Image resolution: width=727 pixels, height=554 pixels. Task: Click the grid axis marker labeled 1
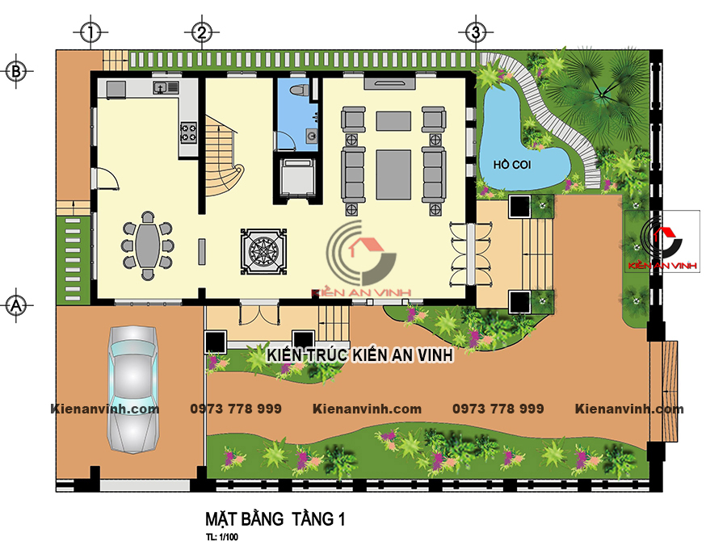pos(90,32)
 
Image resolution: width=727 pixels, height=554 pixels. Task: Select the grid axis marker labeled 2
pos(202,32)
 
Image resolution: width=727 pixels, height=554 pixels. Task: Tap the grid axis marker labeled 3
pos(476,32)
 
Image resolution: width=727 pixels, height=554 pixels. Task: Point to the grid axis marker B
pos(16,71)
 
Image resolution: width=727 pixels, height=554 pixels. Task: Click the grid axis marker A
pos(16,305)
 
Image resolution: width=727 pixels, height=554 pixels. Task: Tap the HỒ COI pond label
pos(512,165)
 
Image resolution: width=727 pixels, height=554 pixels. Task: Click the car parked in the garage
pos(132,388)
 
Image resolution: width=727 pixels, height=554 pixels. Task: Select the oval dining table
pos(148,246)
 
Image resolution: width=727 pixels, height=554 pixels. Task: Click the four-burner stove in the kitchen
pos(188,132)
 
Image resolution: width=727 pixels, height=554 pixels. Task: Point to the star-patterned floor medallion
pos(263,252)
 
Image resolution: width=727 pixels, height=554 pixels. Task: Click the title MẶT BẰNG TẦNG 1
pos(275,518)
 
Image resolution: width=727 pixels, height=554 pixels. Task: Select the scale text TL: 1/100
pos(222,537)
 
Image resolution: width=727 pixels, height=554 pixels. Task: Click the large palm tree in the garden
pos(601,95)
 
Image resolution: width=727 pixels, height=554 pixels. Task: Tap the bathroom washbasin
pos(312,136)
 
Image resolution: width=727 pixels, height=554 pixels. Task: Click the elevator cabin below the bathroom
pos(297,178)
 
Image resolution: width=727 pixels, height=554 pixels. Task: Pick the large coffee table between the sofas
pos(393,174)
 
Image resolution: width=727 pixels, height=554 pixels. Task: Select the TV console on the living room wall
pos(390,83)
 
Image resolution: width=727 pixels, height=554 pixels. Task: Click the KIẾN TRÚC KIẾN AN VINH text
pos(359,355)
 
